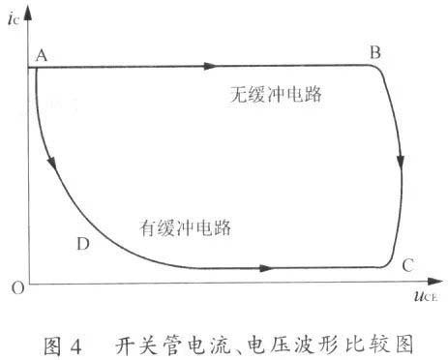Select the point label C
point(408,262)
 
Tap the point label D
point(82,243)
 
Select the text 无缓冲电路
point(276,96)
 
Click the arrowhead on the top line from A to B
point(210,67)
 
